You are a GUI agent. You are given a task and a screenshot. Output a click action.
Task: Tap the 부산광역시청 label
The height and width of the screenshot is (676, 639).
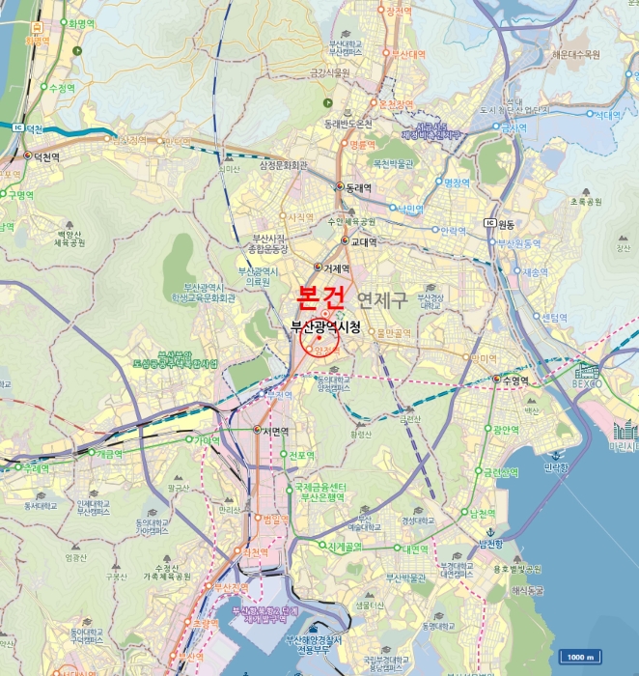[326, 328]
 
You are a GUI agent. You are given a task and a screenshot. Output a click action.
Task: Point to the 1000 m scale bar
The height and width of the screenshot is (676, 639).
[578, 657]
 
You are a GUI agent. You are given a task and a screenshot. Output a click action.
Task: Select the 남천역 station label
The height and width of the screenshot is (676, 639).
[482, 514]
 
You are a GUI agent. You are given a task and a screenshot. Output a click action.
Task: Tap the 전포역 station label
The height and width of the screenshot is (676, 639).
[302, 455]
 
